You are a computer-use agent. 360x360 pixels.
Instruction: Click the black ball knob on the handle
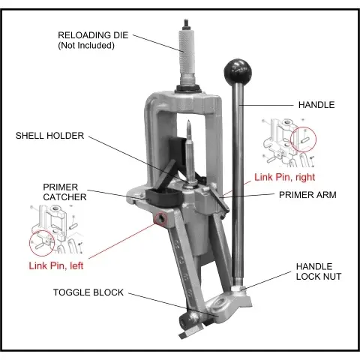coord(238,72)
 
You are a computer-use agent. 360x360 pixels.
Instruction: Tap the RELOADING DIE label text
coord(93,35)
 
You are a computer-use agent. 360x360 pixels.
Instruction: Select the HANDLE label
coord(316,105)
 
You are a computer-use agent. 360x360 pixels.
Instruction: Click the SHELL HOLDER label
coord(49,136)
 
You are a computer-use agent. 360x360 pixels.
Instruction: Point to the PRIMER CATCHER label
coord(64,192)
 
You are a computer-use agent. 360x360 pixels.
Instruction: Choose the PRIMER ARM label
coord(307,195)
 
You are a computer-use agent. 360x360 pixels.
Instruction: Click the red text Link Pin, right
coord(285,177)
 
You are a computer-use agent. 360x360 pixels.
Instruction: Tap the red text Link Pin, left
coord(56,265)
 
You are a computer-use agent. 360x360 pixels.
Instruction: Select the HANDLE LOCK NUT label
coord(319,271)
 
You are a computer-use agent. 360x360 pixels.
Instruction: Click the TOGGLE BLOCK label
coord(88,292)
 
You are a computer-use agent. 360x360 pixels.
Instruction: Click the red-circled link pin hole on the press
coord(160,219)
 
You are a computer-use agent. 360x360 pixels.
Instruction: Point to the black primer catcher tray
coord(164,197)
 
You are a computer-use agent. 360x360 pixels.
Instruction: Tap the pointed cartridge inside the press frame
coord(190,151)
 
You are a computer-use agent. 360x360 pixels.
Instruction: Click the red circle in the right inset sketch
coord(304,139)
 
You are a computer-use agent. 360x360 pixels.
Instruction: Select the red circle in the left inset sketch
coord(42,243)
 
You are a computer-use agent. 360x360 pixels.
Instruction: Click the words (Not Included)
coord(86,46)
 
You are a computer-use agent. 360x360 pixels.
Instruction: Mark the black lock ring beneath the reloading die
coord(188,88)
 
